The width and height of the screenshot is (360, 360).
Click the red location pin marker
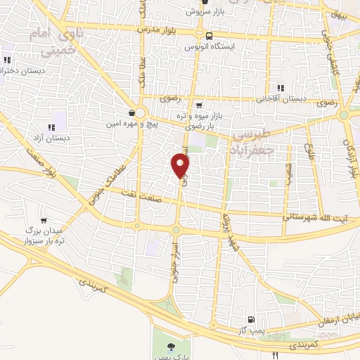tap(181, 165)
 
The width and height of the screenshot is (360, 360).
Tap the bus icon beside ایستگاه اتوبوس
tap(210, 34)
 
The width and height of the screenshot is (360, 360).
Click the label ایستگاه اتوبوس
tap(209, 46)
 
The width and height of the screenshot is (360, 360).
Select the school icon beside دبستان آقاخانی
tap(280, 88)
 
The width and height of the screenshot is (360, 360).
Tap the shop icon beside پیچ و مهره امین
tap(132, 112)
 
